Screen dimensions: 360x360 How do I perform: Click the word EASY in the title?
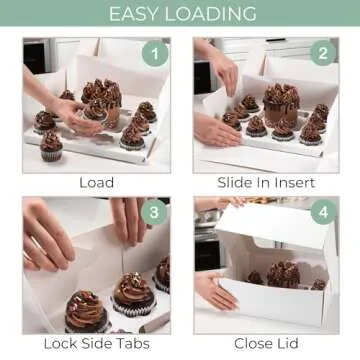click(x=135, y=14)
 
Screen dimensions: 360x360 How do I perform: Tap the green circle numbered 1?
click(x=155, y=53)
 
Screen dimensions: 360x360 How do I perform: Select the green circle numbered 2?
click(x=323, y=53)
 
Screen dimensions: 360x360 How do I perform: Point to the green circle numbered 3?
click(x=154, y=212)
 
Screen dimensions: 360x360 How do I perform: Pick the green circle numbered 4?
click(x=323, y=212)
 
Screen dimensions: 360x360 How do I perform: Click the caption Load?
click(x=97, y=183)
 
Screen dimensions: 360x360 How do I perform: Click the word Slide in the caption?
click(x=233, y=183)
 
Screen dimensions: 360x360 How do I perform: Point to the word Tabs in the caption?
click(x=134, y=344)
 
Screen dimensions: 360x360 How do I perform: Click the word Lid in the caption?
click(x=288, y=344)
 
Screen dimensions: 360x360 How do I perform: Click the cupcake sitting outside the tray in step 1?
click(x=51, y=146)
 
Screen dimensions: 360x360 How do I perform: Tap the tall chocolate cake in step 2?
click(x=281, y=105)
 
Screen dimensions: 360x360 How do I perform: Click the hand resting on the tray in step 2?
click(x=217, y=130)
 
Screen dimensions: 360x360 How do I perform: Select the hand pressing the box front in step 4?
click(x=216, y=291)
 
